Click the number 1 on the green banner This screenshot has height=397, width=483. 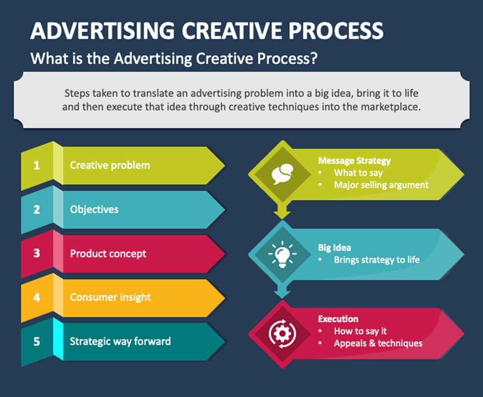[x=37, y=165]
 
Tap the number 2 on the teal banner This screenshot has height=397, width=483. [x=37, y=209]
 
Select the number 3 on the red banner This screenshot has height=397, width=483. [x=37, y=253]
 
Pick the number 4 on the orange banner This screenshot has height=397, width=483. [x=37, y=297]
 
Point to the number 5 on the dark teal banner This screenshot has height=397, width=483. [x=37, y=342]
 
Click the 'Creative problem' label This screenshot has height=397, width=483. [x=110, y=165]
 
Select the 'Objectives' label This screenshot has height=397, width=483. [x=94, y=209]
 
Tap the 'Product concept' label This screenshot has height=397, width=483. [x=108, y=254]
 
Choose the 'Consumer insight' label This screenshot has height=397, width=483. [x=110, y=297]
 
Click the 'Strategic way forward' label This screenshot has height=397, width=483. [x=120, y=342]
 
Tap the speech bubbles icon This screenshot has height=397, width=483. [x=282, y=174]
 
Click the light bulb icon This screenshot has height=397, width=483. [x=282, y=254]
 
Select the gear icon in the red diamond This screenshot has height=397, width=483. [x=282, y=334]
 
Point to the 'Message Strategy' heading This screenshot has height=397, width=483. [x=354, y=161]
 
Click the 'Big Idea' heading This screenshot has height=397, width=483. [x=335, y=248]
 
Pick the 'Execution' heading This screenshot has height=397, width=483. [x=338, y=319]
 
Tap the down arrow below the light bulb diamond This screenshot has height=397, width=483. [x=282, y=291]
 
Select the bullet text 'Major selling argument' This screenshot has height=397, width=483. [x=381, y=185]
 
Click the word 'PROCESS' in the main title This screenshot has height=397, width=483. [x=336, y=31]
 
